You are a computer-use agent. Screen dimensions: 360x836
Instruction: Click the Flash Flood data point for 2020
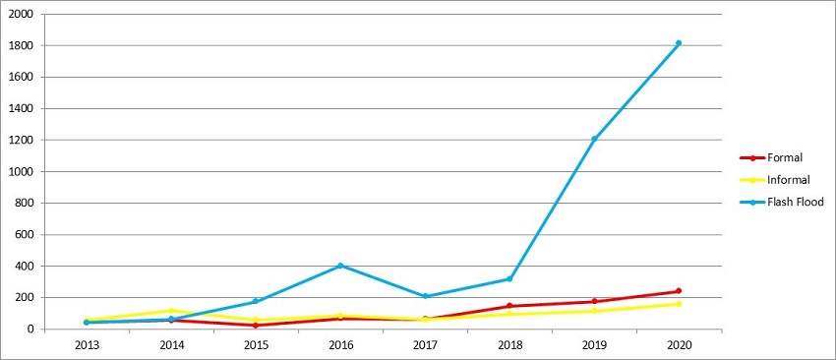pos(679,43)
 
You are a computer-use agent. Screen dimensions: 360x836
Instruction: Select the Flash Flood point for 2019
pos(594,139)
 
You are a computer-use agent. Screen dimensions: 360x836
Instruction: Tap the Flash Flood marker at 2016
pos(340,266)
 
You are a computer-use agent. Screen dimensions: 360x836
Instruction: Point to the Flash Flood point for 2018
pos(509,278)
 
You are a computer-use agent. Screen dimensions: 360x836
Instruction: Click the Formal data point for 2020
pos(679,291)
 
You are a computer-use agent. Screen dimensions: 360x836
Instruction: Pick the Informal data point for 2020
pos(679,304)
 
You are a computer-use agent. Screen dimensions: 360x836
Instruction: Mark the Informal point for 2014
pos(171,311)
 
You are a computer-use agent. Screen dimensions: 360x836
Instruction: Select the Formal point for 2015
pos(256,326)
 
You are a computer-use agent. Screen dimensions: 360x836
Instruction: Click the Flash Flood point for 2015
pos(256,301)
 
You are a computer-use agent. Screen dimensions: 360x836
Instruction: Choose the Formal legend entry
pos(781,157)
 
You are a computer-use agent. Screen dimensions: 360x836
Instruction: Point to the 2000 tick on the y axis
pos(22,15)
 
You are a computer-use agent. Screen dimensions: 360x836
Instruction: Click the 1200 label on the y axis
pos(22,141)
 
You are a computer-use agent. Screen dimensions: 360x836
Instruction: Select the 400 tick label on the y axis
pos(25,267)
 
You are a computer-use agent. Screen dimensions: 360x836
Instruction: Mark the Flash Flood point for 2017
pos(425,296)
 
